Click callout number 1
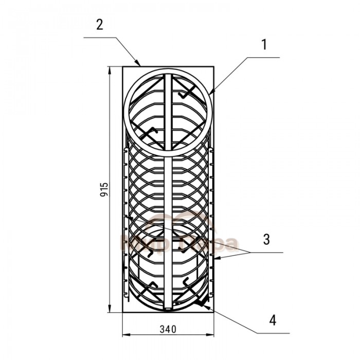263,45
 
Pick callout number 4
273,320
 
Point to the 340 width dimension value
168,329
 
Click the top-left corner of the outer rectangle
122,66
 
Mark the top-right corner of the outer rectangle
212,66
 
